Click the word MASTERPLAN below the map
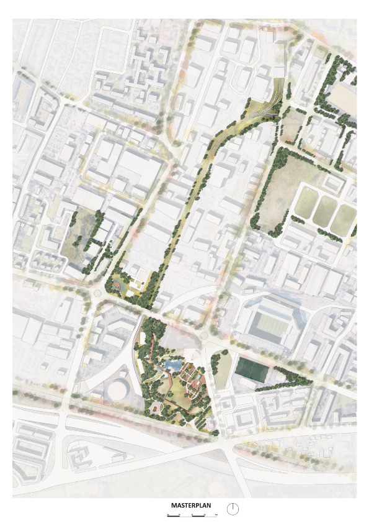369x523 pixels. coord(191,506)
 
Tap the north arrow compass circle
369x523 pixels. coord(233,509)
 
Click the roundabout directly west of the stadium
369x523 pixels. coord(203,336)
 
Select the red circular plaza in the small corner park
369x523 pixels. coord(117,285)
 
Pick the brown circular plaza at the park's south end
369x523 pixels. coord(154,407)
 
